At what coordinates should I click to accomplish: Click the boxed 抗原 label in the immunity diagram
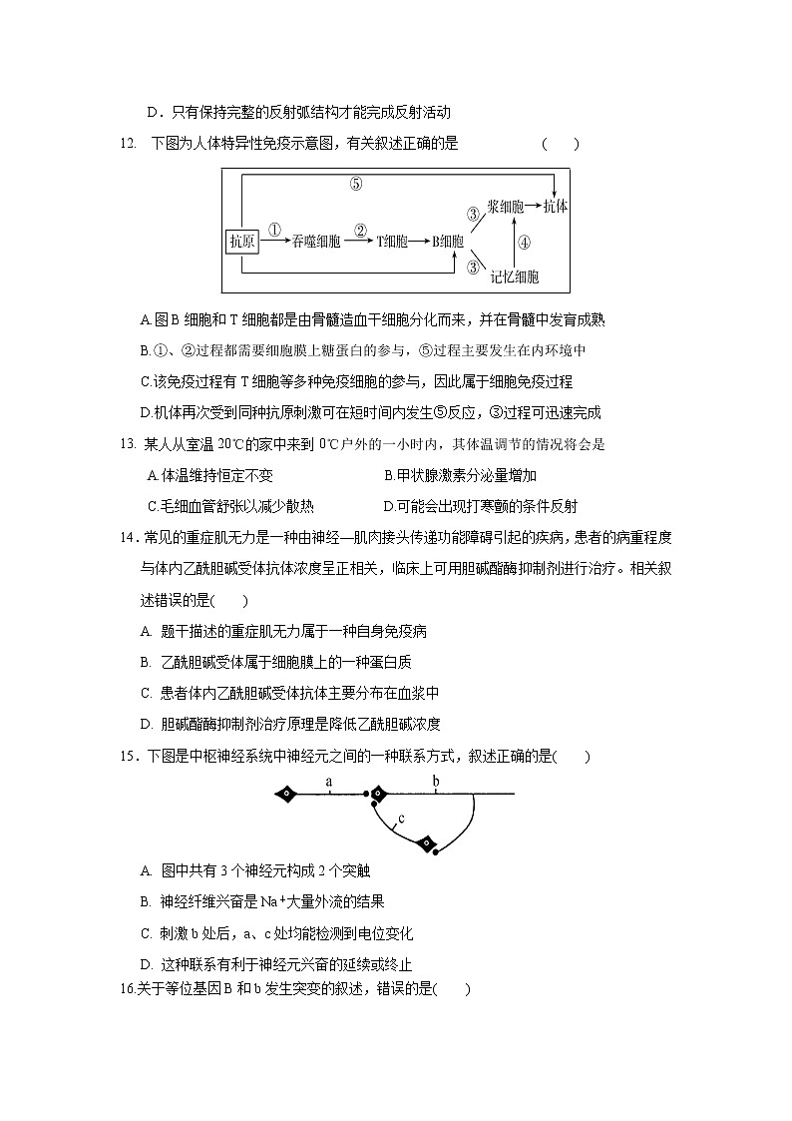coord(242,241)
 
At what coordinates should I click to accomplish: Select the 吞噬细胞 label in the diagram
coord(317,241)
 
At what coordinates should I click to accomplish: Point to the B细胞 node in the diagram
coord(447,241)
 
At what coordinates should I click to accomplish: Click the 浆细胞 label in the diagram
coord(507,207)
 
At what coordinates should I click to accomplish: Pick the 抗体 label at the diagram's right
coord(556,207)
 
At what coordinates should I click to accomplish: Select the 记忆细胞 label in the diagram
coord(515,277)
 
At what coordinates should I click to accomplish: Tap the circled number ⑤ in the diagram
coord(356,183)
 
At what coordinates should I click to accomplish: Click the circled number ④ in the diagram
coord(525,241)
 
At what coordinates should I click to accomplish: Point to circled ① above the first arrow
coord(275,228)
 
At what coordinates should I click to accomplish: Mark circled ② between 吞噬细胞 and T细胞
coord(360,228)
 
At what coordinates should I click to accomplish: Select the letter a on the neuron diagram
coord(328,781)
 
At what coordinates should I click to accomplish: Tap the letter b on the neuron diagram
coord(435,781)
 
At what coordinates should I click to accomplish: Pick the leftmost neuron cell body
coord(287,795)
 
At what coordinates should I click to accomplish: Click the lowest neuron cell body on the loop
coord(427,843)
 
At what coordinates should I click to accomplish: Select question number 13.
coord(127,444)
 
